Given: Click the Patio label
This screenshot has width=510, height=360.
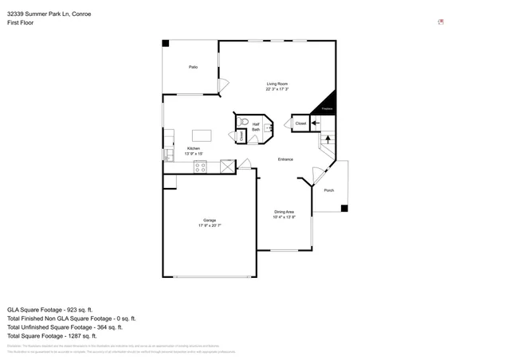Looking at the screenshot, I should (x=193, y=67).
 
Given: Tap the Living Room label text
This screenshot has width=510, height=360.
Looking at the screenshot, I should (x=277, y=84).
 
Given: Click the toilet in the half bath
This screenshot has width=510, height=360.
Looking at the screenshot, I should (x=243, y=123).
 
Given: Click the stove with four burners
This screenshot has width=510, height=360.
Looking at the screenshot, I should (x=201, y=166).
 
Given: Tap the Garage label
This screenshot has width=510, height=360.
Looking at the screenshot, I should (x=210, y=221).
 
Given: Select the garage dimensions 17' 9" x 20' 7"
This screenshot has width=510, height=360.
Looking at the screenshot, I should (x=210, y=226).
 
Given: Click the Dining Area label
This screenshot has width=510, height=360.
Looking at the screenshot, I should (x=284, y=211).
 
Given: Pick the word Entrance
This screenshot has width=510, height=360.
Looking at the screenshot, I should (x=284, y=159).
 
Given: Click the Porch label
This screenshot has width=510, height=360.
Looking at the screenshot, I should (x=329, y=190).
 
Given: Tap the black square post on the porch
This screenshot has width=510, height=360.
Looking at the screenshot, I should (x=344, y=209).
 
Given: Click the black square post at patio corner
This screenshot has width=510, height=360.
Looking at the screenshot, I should (x=166, y=43).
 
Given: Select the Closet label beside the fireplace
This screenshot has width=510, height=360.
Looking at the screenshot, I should (x=300, y=123).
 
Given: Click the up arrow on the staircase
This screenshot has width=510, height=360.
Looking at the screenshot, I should (x=325, y=140).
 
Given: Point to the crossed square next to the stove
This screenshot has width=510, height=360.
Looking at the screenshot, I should (x=228, y=166).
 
